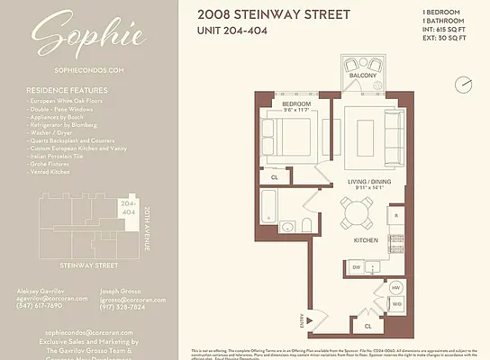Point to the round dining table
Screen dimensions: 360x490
tap(357, 214)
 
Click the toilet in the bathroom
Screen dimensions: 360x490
tap(307, 224)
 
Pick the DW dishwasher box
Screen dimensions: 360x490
tap(358, 267)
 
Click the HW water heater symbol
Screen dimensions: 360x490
tap(396, 288)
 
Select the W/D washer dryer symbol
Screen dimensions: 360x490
tap(396, 304)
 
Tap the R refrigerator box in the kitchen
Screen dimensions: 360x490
tap(395, 217)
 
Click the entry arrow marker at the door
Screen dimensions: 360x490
tap(312, 317)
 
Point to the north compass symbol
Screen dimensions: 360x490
tap(463, 84)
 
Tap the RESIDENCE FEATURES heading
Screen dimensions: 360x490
tap(67, 90)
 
